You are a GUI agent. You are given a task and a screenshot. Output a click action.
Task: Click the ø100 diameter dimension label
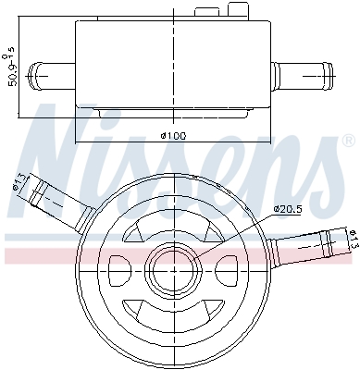174,136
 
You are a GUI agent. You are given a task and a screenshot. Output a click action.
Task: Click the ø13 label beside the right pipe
352,242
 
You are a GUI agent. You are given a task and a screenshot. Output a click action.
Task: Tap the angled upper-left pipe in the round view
56,200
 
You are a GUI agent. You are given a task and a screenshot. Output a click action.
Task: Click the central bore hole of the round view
173,268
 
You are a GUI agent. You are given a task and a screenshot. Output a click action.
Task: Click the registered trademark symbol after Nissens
347,142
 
